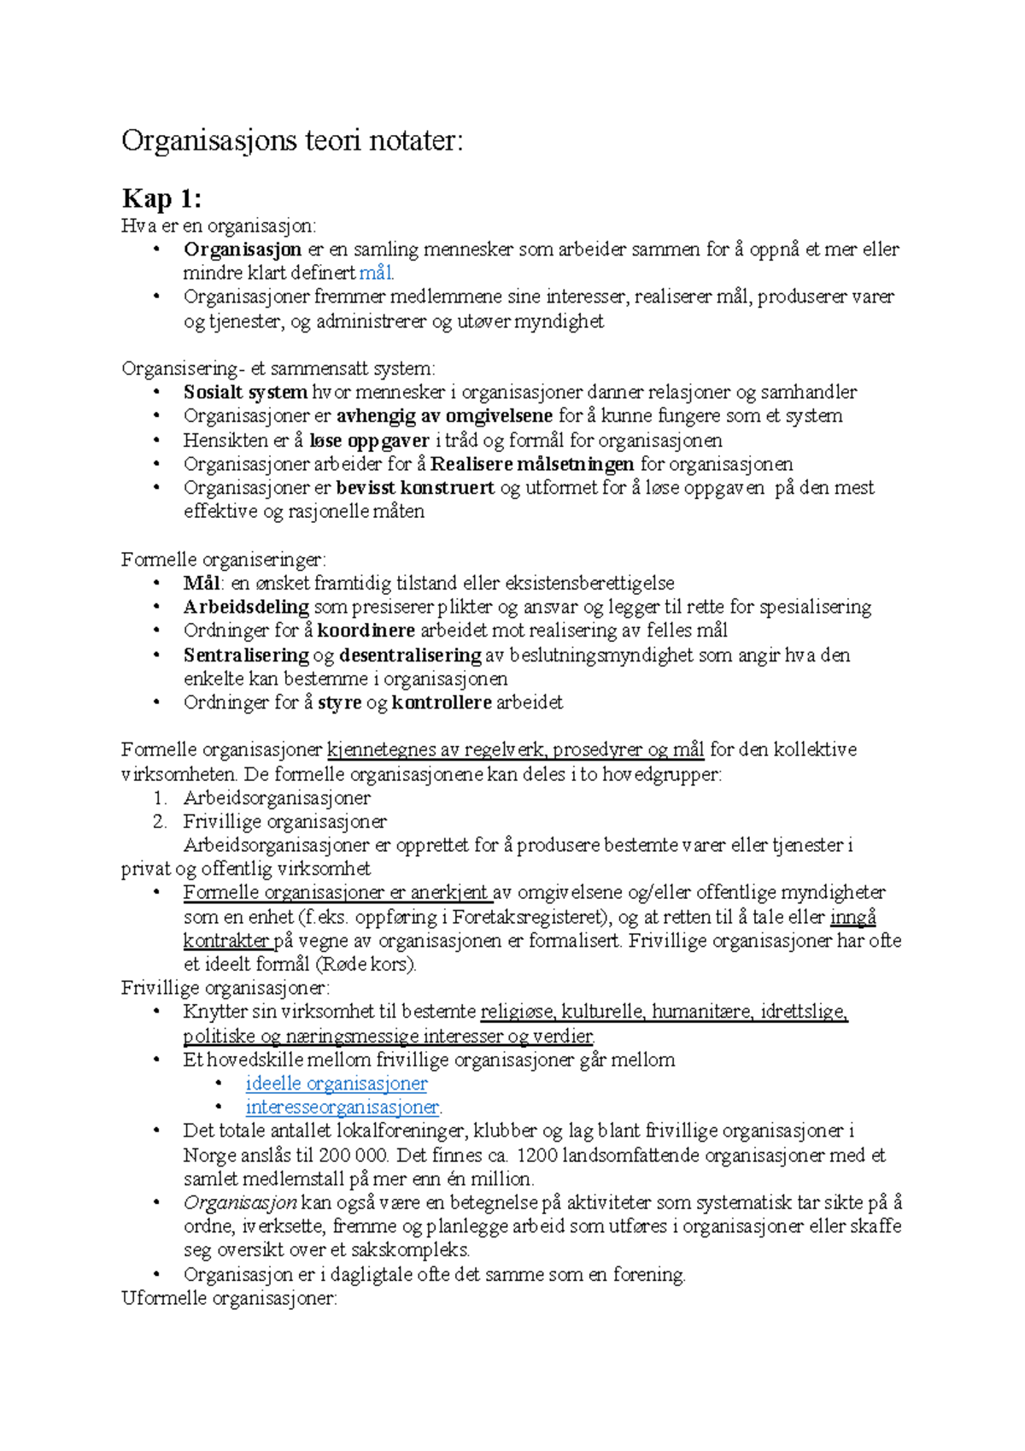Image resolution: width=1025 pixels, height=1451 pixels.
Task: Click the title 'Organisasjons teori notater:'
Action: pos(292,140)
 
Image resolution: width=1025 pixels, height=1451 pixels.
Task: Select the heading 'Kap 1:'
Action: pos(161,199)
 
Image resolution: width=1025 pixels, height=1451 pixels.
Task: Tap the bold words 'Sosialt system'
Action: pos(245,392)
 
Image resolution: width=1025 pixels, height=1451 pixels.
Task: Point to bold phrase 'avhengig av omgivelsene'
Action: pos(444,416)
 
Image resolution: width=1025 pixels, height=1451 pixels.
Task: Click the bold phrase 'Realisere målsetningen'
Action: pos(531,464)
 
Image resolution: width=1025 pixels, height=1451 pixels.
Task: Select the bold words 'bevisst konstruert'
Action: pos(415,488)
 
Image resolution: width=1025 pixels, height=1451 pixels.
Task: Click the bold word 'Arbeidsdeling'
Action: pos(246,607)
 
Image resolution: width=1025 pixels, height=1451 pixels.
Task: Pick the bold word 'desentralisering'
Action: pos(410,655)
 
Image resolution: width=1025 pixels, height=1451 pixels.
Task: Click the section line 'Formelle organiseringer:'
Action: pos(223,560)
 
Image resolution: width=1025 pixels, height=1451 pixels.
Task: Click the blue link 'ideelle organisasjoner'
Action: pos(337,1084)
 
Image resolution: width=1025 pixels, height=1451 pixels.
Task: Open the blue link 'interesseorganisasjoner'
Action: pos(342,1107)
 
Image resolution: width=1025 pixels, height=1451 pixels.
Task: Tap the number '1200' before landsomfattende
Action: pos(537,1155)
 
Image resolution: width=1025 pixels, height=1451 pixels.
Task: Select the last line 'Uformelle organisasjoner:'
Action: pos(229,1298)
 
